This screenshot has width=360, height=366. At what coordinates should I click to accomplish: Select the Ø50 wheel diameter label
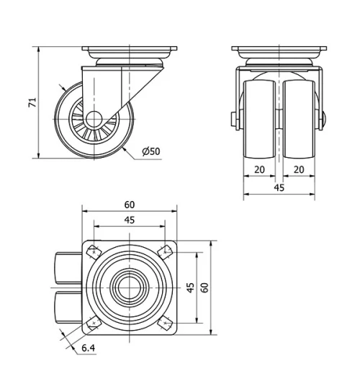click(151, 151)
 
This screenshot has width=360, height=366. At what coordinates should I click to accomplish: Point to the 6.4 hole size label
click(88, 349)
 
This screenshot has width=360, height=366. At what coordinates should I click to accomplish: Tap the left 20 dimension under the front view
click(259, 170)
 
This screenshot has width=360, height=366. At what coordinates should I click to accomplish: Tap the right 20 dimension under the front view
click(299, 170)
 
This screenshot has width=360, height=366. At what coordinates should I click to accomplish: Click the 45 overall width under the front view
click(279, 187)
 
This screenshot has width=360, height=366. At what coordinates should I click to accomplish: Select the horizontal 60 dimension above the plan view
click(130, 205)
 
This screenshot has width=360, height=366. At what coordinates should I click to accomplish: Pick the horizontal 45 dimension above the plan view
click(130, 220)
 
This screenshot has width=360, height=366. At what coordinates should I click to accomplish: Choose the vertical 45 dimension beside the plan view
click(190, 287)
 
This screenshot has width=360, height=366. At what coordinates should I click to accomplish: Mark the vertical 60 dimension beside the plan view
click(205, 287)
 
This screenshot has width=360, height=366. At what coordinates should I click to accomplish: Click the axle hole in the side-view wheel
click(94, 119)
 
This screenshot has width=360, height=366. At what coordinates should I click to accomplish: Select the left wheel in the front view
click(260, 118)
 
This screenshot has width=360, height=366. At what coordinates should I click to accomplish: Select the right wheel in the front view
click(298, 118)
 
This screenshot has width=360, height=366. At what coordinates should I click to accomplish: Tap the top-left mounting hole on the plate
click(94, 251)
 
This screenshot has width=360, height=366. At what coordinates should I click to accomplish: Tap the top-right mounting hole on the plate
click(166, 251)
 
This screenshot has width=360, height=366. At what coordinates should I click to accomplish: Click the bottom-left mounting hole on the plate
click(94, 323)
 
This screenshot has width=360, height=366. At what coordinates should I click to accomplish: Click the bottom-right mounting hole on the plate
click(166, 323)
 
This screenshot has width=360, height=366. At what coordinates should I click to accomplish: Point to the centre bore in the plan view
click(130, 287)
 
